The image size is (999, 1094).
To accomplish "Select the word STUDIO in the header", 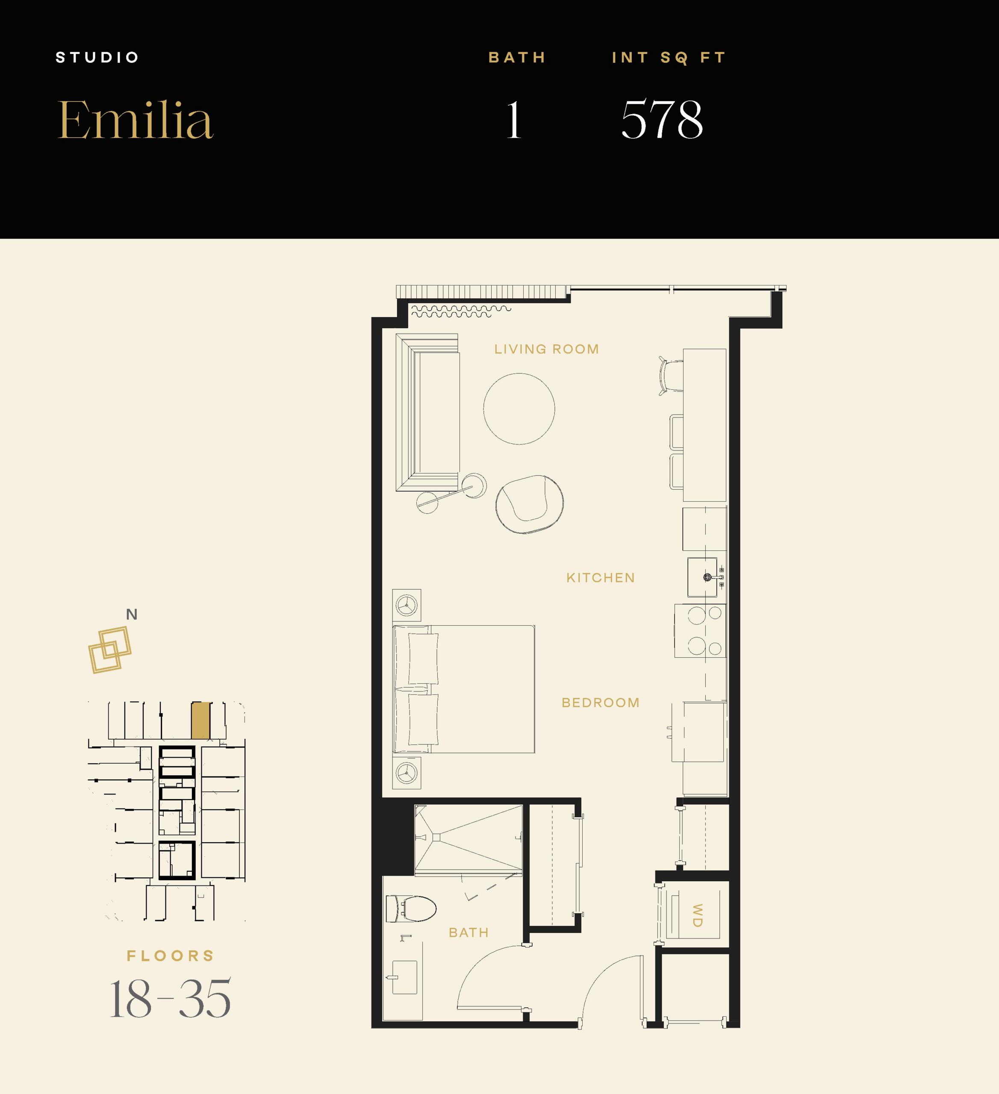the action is click(98, 58).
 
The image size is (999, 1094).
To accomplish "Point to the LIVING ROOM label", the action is click(546, 349).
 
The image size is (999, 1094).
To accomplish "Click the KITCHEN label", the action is click(601, 577).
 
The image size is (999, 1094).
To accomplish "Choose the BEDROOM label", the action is click(601, 703).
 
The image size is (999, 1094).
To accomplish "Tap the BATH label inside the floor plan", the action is click(469, 932).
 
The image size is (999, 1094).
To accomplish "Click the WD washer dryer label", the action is click(698, 915).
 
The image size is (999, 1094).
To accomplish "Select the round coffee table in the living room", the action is click(519, 409).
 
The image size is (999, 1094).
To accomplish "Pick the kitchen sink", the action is click(703, 577).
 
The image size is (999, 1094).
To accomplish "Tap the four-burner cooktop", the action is click(700, 631).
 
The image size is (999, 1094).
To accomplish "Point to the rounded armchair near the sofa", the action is click(529, 504).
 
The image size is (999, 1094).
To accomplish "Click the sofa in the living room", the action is click(428, 412).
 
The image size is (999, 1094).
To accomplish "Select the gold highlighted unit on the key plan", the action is click(201, 721).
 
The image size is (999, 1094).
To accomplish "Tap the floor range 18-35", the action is click(171, 999).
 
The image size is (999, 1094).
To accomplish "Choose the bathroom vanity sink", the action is click(404, 977).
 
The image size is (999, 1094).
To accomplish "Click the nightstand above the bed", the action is click(407, 605).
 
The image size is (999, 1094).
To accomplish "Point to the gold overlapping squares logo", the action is click(110, 650).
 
